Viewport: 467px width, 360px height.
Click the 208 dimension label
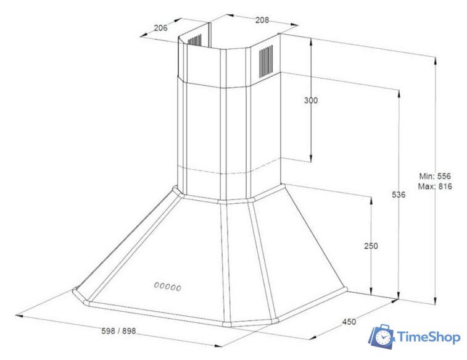tap(262, 20)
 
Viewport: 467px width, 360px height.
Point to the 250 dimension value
tap(371, 246)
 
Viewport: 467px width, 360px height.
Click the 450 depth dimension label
tap(349, 321)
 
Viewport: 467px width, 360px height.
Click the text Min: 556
tap(436, 175)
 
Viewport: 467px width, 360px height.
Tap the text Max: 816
tap(436, 186)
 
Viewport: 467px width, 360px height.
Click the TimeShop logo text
tap(428, 337)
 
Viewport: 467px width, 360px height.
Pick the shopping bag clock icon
tap(382, 337)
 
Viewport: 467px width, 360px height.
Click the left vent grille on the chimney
tap(194, 41)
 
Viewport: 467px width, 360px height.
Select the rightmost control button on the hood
tap(180, 288)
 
